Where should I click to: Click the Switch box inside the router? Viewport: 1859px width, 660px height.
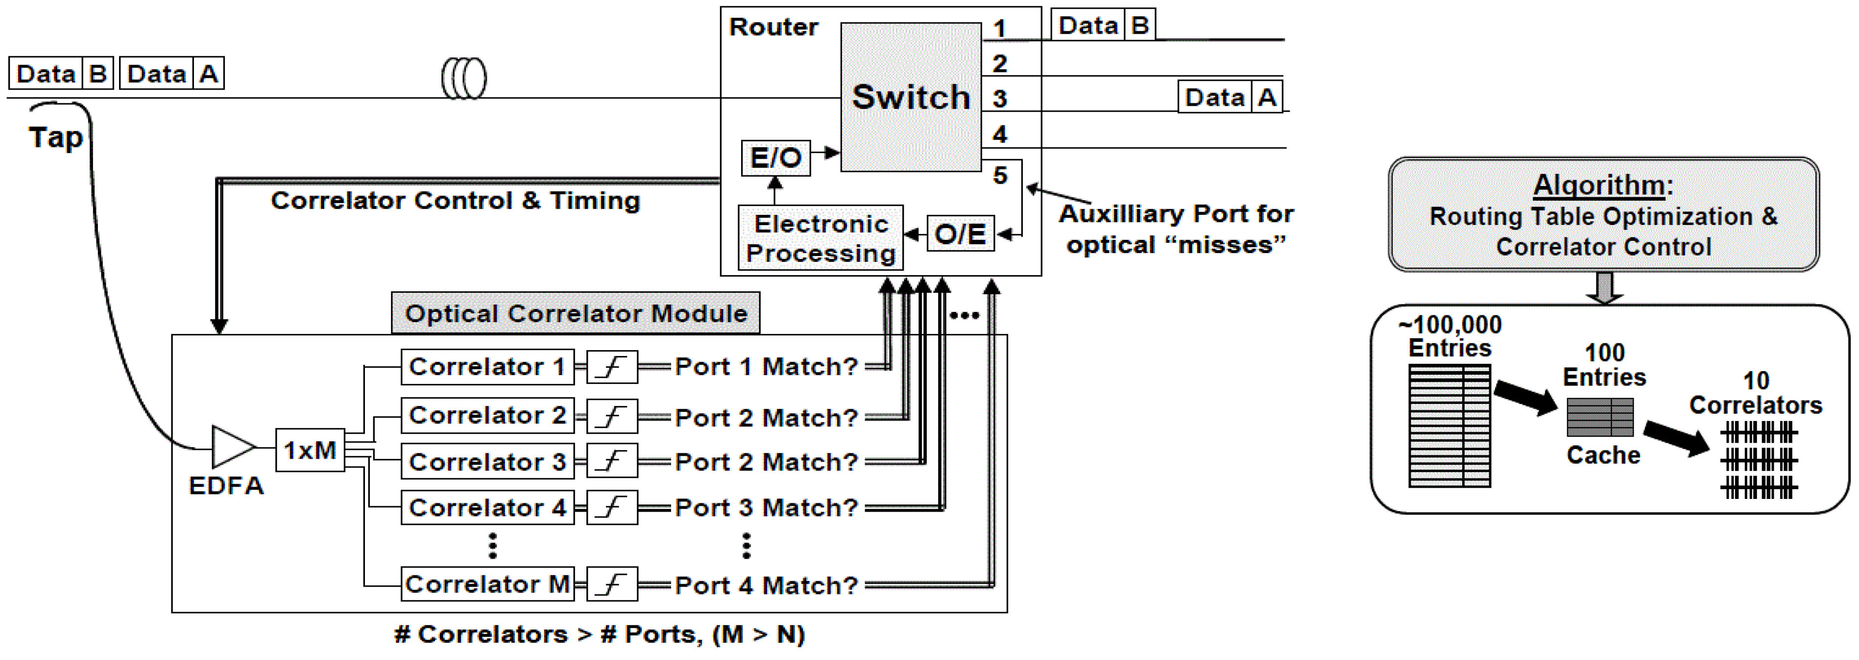(911, 97)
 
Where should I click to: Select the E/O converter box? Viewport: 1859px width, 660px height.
(776, 158)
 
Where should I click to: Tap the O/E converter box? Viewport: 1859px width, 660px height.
(960, 233)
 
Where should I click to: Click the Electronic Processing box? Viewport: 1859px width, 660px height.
(821, 238)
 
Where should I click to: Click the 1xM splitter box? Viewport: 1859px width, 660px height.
(310, 450)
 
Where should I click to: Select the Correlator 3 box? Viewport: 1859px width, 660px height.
(487, 462)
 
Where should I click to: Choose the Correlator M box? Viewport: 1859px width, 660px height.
(487, 584)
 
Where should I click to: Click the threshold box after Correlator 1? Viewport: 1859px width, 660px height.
(611, 367)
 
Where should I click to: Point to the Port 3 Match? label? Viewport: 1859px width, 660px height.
(766, 508)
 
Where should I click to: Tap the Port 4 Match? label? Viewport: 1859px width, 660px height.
(766, 585)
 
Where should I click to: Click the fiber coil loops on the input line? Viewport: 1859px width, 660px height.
(464, 78)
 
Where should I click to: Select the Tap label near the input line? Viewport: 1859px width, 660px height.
(55, 137)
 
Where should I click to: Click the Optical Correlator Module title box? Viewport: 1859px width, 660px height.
(575, 313)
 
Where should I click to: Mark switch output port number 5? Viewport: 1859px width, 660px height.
(999, 175)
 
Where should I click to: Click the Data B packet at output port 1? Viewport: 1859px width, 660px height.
(1103, 25)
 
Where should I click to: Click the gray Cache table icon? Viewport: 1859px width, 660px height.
(1600, 418)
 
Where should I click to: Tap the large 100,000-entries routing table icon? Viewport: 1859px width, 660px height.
(1449, 425)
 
